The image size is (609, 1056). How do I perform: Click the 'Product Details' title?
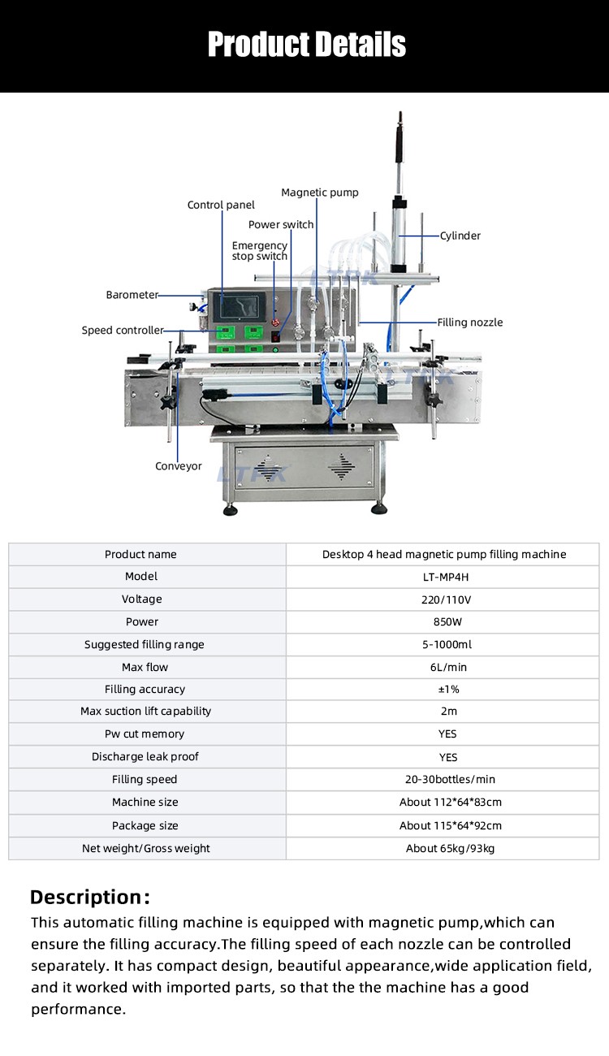(306, 45)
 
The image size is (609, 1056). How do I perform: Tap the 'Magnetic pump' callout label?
(320, 193)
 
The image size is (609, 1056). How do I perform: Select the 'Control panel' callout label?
(221, 205)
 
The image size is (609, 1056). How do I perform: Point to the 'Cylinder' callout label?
(460, 236)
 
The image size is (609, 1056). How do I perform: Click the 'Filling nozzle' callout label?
(470, 322)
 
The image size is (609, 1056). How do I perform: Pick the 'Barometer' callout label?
(132, 295)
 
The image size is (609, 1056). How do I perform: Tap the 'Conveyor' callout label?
(178, 466)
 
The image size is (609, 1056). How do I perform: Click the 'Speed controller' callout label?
(123, 330)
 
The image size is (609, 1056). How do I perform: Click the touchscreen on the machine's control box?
(240, 307)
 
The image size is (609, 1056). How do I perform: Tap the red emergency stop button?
(276, 323)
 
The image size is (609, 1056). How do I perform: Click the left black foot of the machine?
(230, 511)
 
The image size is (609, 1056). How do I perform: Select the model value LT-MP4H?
(446, 577)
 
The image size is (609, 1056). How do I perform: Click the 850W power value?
(447, 621)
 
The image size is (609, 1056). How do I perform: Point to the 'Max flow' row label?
(145, 667)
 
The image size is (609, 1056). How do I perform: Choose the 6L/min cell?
(448, 667)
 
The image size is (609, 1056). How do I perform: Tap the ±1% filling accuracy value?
(448, 689)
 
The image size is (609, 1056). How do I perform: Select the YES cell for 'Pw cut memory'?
(447, 734)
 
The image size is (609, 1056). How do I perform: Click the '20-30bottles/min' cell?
(450, 779)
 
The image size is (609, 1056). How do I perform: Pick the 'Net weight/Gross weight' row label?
(146, 849)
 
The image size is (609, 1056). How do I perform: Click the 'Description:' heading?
(90, 897)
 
